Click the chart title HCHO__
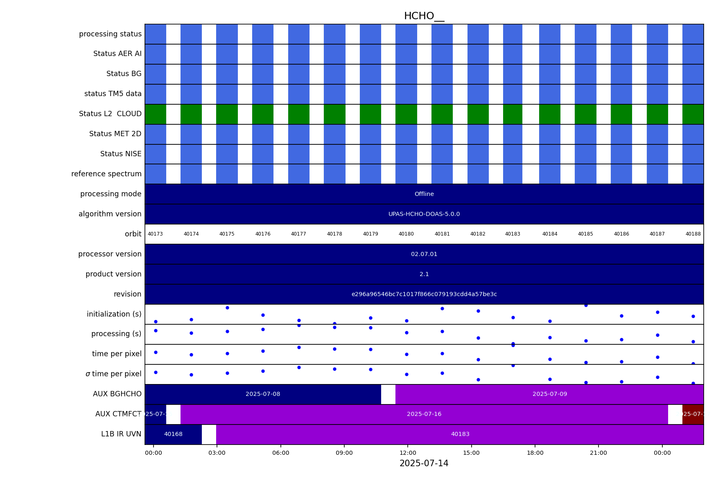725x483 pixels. point(424,16)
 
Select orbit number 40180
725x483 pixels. point(406,234)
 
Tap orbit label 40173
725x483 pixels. point(155,234)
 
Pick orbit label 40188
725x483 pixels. point(693,234)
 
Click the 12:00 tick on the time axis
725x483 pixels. point(408,453)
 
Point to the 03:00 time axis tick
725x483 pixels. point(217,453)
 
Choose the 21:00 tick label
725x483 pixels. point(599,453)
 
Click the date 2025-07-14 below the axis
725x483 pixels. point(424,463)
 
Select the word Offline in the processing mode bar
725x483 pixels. point(424,194)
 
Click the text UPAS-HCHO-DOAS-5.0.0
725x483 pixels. point(424,214)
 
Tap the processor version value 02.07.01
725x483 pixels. point(424,254)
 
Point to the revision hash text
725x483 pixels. point(424,294)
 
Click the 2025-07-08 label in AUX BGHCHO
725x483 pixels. point(263,394)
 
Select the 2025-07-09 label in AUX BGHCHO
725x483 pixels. point(549,394)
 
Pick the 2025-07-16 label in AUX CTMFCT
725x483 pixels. point(424,414)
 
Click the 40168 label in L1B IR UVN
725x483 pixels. point(173,434)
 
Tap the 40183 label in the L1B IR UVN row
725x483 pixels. point(460,434)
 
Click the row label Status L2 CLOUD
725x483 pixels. point(110,114)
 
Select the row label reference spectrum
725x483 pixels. point(106,174)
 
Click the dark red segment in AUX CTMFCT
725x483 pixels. point(693,414)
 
